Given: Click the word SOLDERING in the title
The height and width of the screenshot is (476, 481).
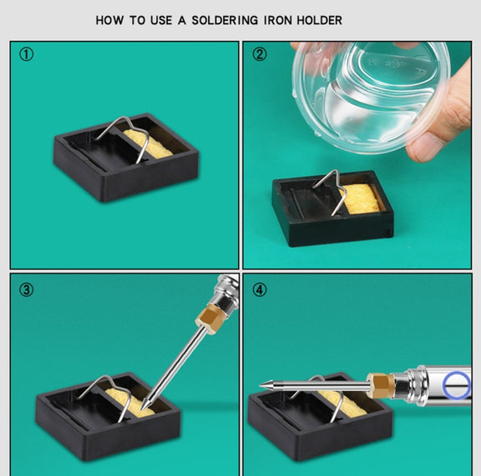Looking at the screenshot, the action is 225,21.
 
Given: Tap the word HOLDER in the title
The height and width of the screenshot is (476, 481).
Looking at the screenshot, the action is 319,21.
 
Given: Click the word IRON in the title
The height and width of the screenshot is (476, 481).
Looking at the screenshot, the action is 277,21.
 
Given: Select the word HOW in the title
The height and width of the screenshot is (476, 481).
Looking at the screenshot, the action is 110,21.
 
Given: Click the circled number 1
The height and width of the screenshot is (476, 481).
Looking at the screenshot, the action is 27,54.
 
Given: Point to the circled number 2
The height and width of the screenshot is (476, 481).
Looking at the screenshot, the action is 260,54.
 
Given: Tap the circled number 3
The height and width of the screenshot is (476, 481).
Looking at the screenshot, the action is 27,290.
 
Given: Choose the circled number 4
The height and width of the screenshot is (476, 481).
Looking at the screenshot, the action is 260,290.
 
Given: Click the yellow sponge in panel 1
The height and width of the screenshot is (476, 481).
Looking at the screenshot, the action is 147,143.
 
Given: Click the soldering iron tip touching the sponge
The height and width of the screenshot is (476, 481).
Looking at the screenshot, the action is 144,407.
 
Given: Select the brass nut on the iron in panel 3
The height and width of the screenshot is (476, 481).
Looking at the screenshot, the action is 209,318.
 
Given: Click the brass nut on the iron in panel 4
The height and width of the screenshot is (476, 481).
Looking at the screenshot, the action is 381,385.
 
